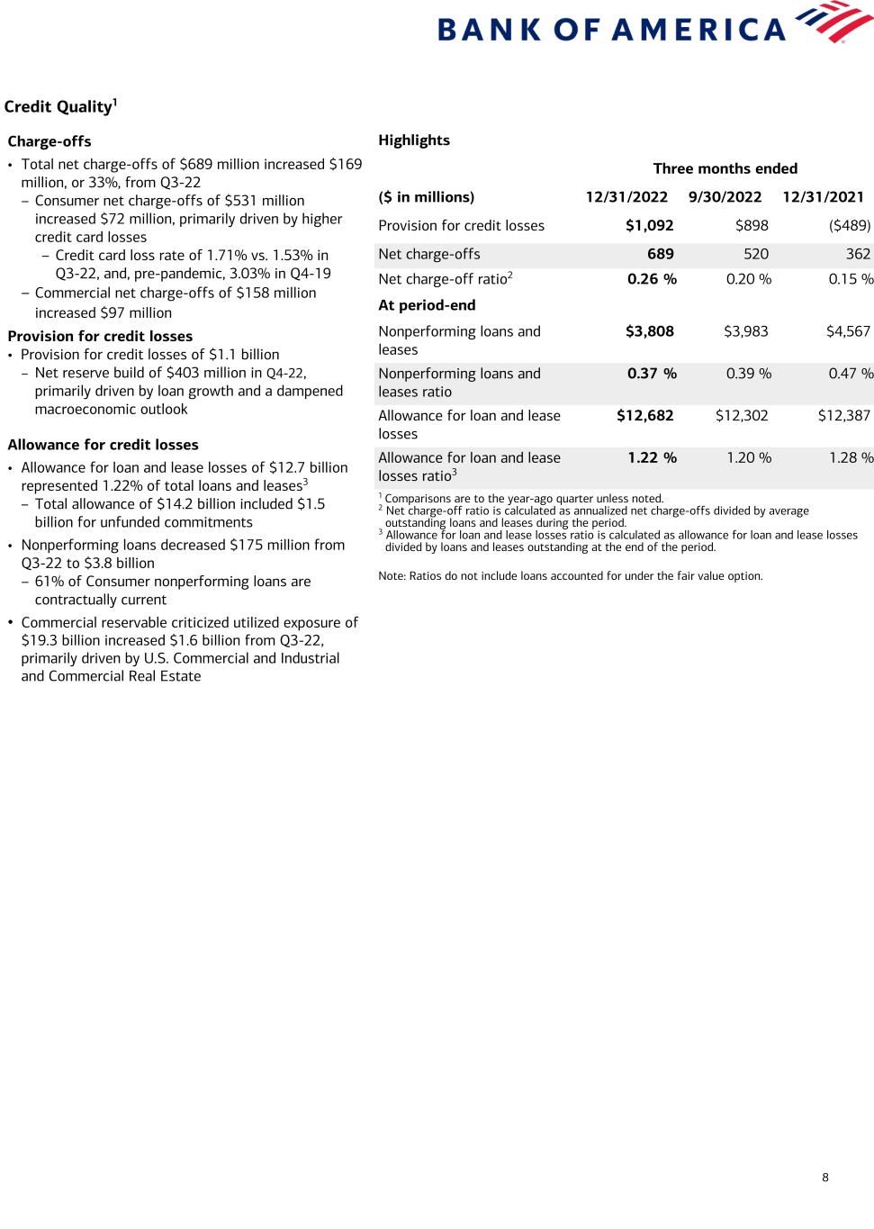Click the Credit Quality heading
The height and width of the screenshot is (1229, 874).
point(60,106)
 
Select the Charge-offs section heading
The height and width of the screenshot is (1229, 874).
point(50,141)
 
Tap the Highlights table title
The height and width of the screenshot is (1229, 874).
point(414,140)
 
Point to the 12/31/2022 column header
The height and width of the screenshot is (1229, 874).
point(626,197)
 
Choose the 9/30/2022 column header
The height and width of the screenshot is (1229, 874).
point(725,197)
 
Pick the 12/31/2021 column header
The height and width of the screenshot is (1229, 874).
point(823,197)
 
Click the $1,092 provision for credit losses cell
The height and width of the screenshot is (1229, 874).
point(649,226)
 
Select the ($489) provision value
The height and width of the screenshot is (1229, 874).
point(850,226)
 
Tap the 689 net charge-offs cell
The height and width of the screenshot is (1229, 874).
point(660,254)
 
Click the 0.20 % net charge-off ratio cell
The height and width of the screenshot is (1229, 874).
point(748,279)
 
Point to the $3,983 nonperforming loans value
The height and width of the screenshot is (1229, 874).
point(745,331)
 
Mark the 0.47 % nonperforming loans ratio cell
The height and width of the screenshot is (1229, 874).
point(851,374)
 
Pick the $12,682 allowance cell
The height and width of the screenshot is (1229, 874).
point(644,416)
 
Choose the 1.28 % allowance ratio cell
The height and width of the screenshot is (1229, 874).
point(851,457)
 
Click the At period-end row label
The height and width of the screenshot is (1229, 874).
point(427,305)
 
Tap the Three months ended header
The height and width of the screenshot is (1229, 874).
point(725,168)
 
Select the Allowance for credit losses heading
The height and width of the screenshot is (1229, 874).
point(103,445)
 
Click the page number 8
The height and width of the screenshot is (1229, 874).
point(825,1178)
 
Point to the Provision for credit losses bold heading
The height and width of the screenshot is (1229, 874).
point(100,336)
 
